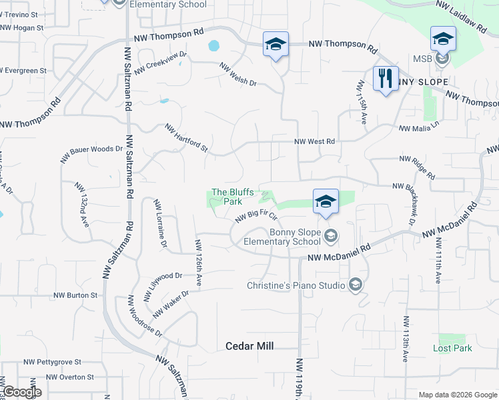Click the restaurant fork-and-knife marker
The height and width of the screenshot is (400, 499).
[x=385, y=79]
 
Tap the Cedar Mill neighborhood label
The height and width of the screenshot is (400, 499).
[x=250, y=346]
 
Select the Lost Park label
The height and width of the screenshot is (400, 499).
[x=452, y=348]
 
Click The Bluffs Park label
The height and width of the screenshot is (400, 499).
[x=232, y=197]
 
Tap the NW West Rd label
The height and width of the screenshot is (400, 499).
[x=315, y=141]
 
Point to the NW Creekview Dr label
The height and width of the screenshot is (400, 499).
[x=161, y=63]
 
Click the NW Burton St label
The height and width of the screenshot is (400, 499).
[x=75, y=295]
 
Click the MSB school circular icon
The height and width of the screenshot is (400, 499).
[x=441, y=59]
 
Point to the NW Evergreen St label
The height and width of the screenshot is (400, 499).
[x=23, y=70]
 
